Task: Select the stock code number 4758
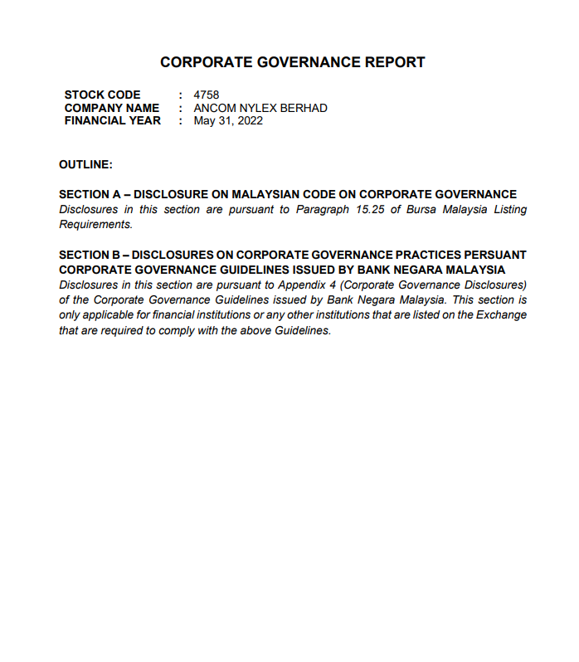(x=206, y=95)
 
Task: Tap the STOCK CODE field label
(x=102, y=95)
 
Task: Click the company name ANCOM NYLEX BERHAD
(x=260, y=108)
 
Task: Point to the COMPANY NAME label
(x=112, y=108)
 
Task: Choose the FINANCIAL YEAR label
(x=113, y=121)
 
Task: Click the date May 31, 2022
(x=228, y=121)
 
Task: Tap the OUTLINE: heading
(x=85, y=165)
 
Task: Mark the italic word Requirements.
(x=95, y=224)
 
